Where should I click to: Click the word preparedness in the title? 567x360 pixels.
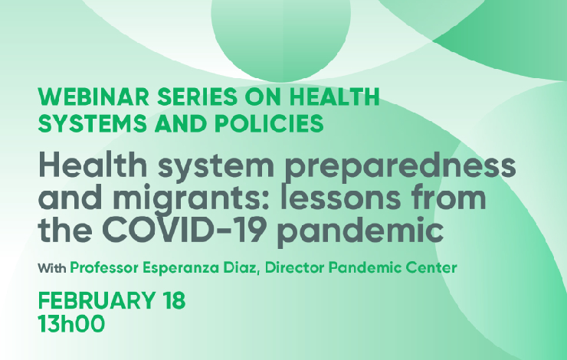coord(400,166)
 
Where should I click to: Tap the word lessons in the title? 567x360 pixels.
coord(341,198)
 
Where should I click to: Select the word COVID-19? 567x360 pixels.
coord(182,231)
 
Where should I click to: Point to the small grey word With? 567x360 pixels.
coord(51,269)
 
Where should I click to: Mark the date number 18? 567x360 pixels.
coord(174,301)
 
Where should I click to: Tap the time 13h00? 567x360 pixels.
coord(71,323)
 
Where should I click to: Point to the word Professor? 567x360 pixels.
coord(104,269)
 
